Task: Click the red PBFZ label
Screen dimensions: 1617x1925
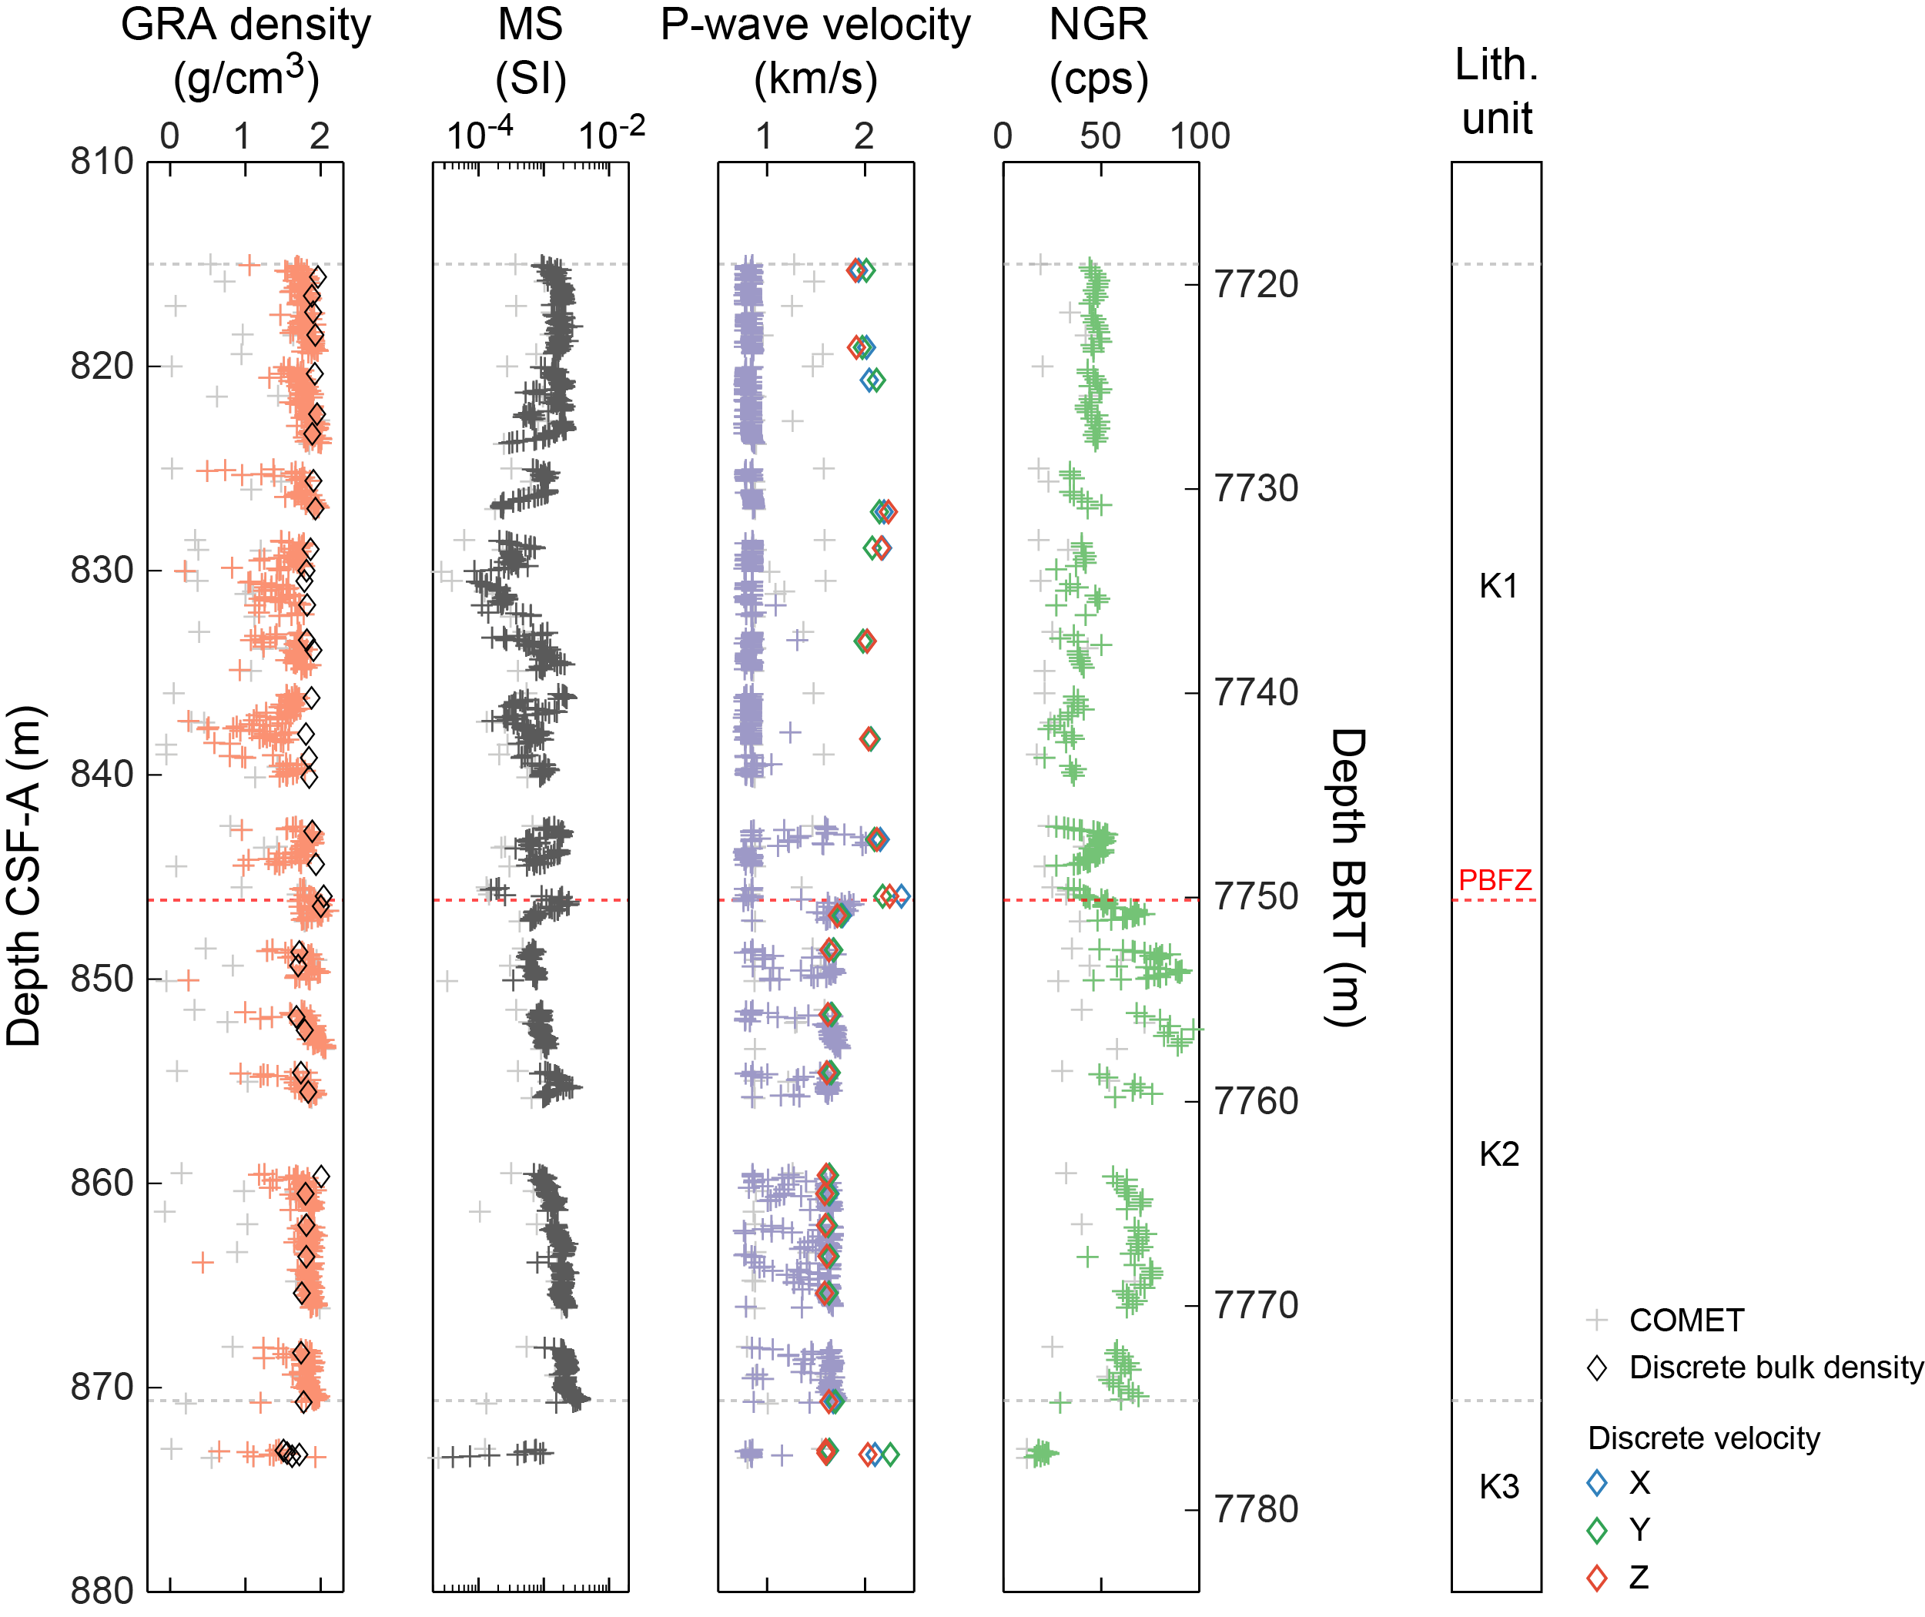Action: [x=1495, y=881]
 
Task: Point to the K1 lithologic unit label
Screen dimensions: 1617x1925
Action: [x=1498, y=586]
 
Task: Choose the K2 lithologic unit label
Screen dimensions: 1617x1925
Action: [x=1498, y=1154]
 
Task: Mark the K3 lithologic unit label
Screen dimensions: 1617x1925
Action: [x=1498, y=1486]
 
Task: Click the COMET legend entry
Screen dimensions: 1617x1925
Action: [x=1686, y=1320]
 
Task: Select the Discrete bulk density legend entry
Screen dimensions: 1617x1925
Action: [x=1775, y=1368]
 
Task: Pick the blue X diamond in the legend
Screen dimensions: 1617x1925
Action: [x=1597, y=1483]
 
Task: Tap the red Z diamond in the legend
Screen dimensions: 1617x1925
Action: [x=1597, y=1578]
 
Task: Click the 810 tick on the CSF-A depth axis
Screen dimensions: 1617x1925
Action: [x=102, y=162]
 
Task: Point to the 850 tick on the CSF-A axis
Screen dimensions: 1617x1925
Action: [x=102, y=979]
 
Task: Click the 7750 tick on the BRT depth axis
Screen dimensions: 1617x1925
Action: [x=1256, y=897]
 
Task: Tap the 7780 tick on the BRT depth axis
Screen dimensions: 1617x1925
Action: [x=1256, y=1510]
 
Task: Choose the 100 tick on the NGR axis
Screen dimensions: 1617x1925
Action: [x=1199, y=136]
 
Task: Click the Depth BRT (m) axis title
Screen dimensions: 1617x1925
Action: [x=1347, y=877]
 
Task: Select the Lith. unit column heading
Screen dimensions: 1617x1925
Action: [x=1496, y=91]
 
